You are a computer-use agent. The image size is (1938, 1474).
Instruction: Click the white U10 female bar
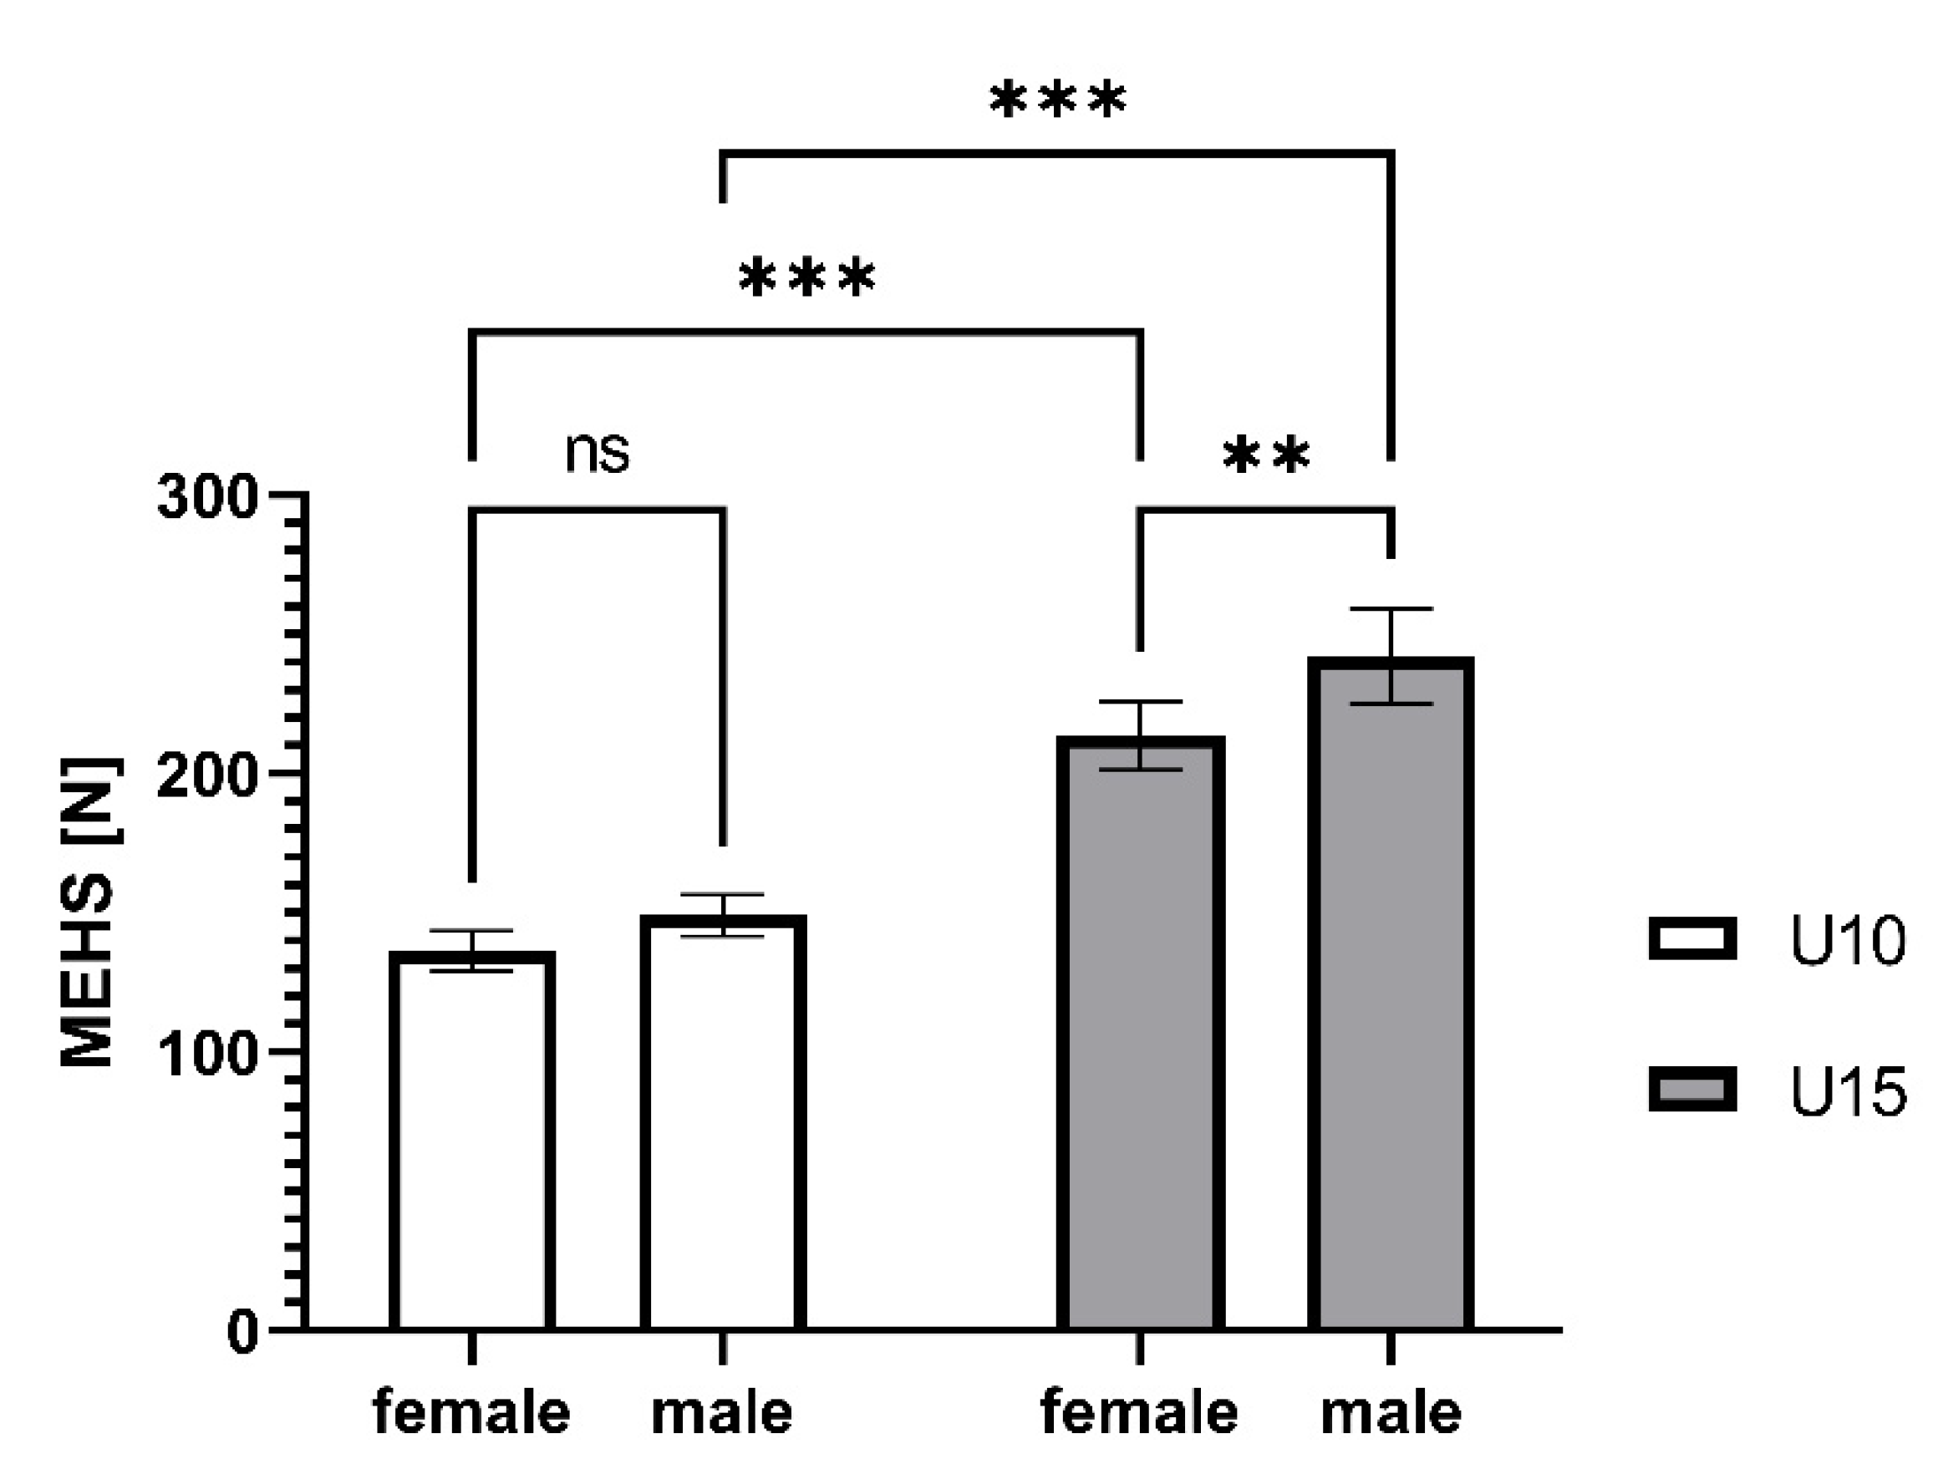(472, 1141)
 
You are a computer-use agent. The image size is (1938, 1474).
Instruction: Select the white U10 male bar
(723, 1123)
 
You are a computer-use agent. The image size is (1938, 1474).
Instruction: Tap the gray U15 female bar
(1141, 1035)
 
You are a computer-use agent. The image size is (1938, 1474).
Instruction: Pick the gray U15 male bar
(1391, 991)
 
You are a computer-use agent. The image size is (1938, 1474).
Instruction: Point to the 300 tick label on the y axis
(207, 498)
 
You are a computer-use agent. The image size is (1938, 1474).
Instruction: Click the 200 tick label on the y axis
(207, 775)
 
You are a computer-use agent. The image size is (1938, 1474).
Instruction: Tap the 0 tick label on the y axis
(242, 1332)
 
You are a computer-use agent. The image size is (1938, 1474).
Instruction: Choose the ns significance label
(597, 453)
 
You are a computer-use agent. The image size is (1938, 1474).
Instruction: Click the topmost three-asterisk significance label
(1057, 100)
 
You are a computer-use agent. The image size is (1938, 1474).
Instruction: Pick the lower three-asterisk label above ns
(807, 279)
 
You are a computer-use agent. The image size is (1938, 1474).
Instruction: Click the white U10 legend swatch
(1692, 939)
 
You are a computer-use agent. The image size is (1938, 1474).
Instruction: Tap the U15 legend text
(1848, 1093)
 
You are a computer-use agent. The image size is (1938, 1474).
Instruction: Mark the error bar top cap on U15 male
(1391, 609)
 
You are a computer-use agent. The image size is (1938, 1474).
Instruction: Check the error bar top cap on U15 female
(1141, 702)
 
